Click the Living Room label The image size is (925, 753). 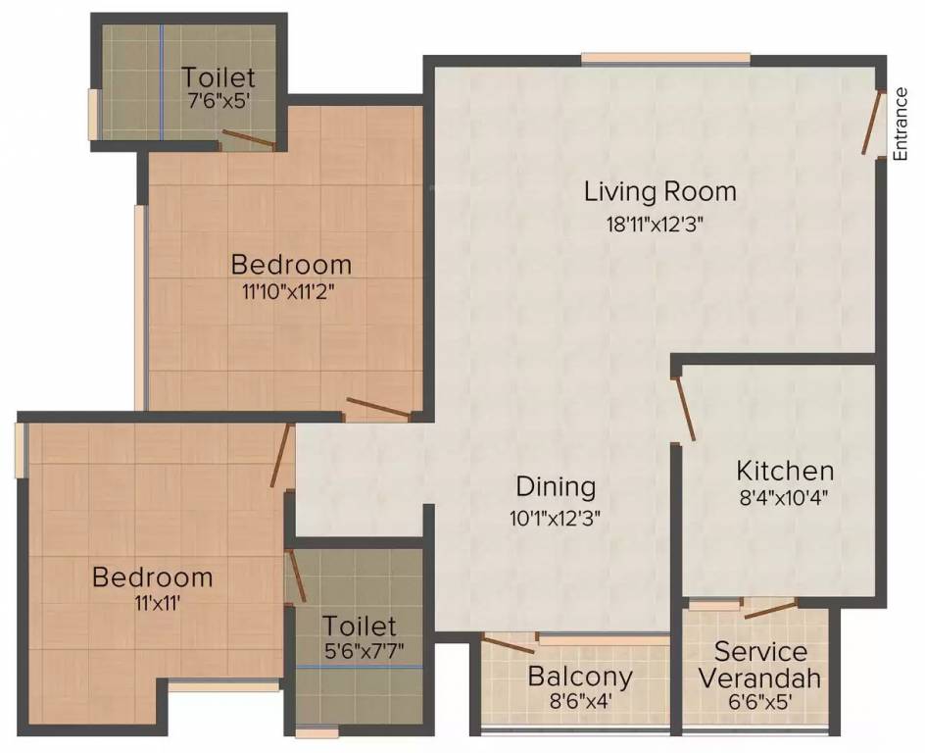pyautogui.click(x=659, y=190)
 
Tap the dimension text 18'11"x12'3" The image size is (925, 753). pyautogui.click(x=656, y=223)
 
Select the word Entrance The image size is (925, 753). pyautogui.click(x=901, y=124)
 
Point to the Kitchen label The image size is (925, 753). pyautogui.click(x=785, y=471)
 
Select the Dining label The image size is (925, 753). pyautogui.click(x=556, y=486)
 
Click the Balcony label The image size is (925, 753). pyautogui.click(x=580, y=677)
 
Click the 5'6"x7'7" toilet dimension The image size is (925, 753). pyautogui.click(x=360, y=650)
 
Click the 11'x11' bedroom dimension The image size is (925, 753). pyautogui.click(x=152, y=602)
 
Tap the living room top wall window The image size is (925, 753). pyautogui.click(x=666, y=59)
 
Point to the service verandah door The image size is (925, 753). pyautogui.click(x=770, y=610)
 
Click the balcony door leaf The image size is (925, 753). pyautogui.click(x=509, y=643)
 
